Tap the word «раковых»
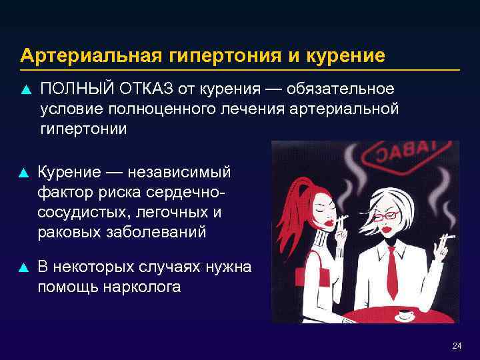point(71,233)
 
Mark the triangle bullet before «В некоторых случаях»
point(24,268)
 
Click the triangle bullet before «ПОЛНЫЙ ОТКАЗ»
point(24,90)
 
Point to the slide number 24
point(457,345)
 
